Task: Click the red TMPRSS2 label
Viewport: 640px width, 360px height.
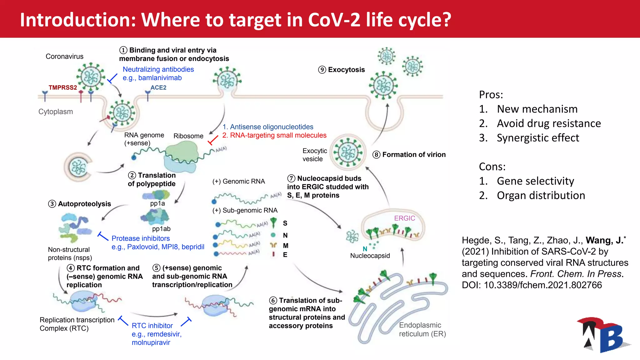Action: click(x=62, y=87)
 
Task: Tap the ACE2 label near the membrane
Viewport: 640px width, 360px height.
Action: click(x=158, y=87)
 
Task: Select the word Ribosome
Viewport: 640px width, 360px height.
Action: click(x=188, y=136)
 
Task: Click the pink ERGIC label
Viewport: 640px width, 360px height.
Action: click(x=404, y=218)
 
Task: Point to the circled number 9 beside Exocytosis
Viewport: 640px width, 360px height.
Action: click(x=322, y=70)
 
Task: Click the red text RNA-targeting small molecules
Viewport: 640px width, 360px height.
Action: click(x=278, y=135)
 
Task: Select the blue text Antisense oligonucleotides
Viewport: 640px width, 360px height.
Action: click(x=271, y=127)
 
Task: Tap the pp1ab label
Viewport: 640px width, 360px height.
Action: click(x=161, y=229)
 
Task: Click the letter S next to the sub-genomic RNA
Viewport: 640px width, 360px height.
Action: click(x=285, y=223)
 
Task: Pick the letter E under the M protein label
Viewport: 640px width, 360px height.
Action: click(x=285, y=255)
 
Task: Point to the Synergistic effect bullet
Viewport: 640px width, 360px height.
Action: click(x=538, y=138)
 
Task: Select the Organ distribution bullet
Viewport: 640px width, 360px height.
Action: click(x=541, y=195)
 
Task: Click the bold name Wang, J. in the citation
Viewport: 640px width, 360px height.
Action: click(x=604, y=240)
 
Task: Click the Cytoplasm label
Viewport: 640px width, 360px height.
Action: click(x=56, y=112)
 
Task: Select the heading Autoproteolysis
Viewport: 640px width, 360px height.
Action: click(x=84, y=204)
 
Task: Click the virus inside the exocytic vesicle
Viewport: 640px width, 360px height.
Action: click(x=348, y=152)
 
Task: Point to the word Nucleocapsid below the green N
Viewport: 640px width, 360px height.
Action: click(x=370, y=256)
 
